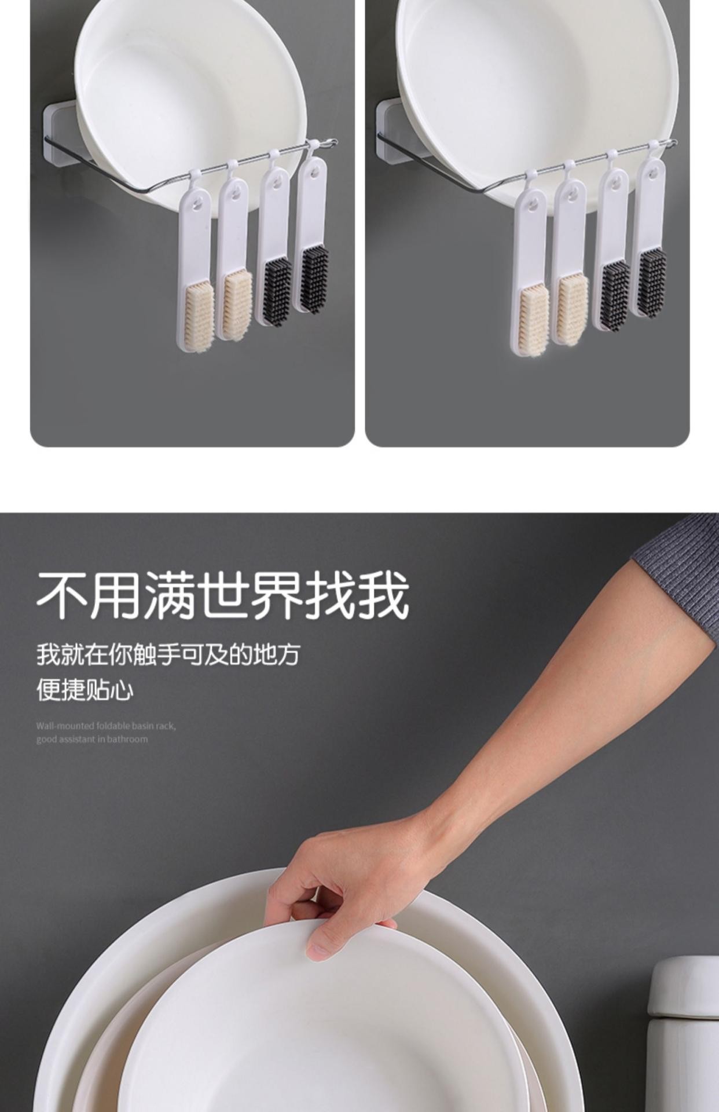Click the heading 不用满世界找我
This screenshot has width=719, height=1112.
[223, 595]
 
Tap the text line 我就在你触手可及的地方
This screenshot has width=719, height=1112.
[168, 654]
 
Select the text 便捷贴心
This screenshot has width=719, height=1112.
[85, 689]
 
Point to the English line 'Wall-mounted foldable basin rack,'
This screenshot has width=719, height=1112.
[106, 726]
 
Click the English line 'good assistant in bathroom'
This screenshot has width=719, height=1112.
[92, 739]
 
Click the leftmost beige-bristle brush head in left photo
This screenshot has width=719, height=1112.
[199, 316]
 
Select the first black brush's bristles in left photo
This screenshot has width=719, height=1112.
[278, 291]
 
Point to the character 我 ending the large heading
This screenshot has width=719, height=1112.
[384, 595]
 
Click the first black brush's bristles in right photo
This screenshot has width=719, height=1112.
[614, 295]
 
